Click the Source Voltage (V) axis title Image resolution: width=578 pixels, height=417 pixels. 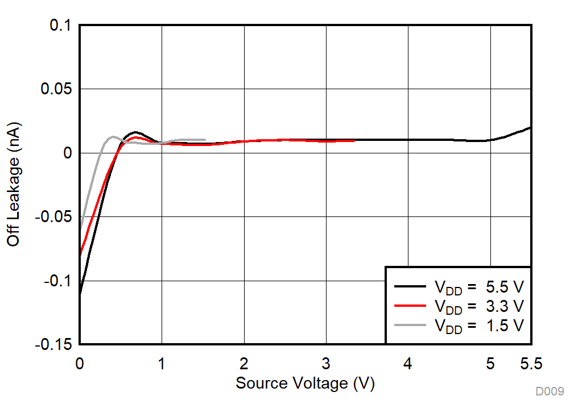click(x=305, y=383)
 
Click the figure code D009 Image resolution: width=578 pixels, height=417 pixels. click(x=549, y=391)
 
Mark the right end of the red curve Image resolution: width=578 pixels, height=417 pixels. click(x=354, y=140)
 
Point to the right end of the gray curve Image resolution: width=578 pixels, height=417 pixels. click(x=205, y=140)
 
